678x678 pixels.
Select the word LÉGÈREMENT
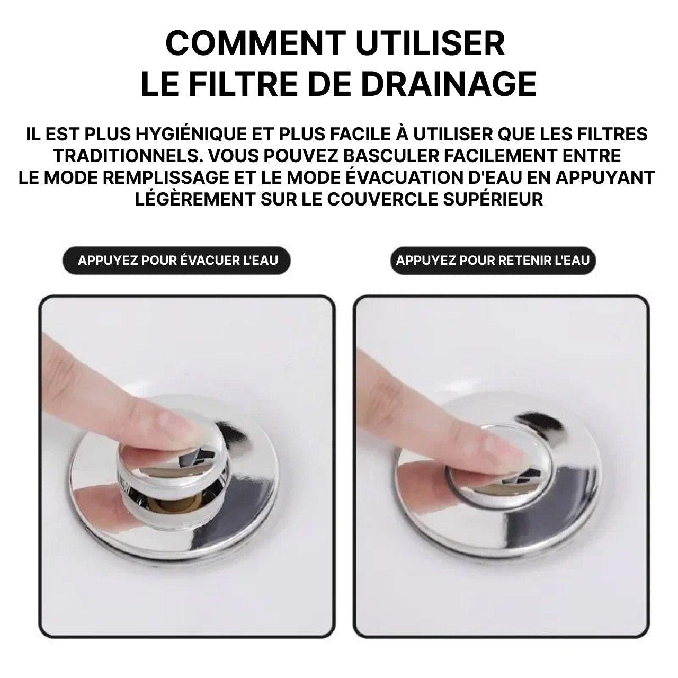pos(194,200)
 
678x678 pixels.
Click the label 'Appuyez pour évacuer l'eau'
pos(177,261)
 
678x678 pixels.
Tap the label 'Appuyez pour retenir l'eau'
pos(493,261)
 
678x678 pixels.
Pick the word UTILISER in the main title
pos(430,43)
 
